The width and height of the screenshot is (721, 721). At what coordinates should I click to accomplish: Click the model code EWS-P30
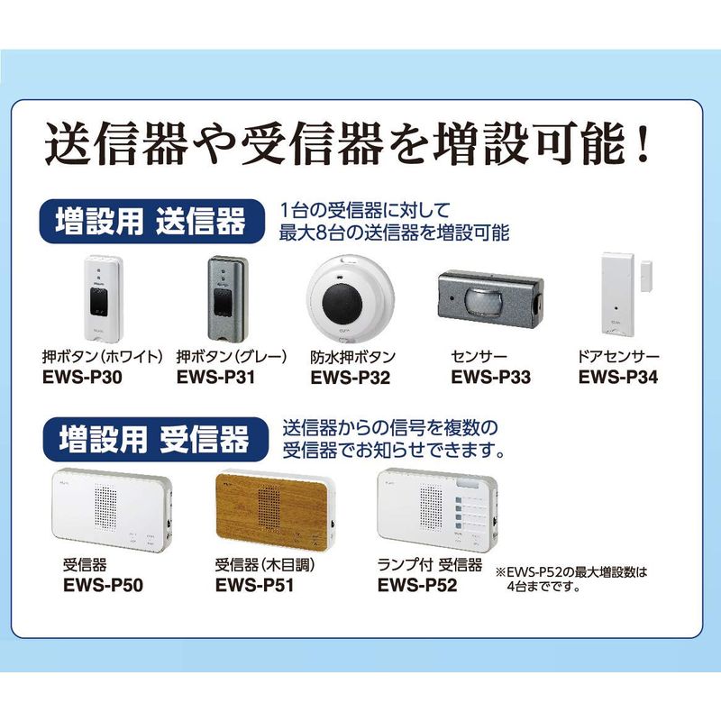(x=82, y=377)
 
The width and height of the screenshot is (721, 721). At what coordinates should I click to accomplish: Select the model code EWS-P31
(x=215, y=377)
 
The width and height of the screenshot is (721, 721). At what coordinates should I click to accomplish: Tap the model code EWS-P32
(x=351, y=378)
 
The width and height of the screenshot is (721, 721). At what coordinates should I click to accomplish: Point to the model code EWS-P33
(x=490, y=377)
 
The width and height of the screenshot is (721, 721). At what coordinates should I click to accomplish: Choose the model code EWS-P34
(x=618, y=377)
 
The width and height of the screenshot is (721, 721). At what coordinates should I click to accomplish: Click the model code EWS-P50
(x=103, y=585)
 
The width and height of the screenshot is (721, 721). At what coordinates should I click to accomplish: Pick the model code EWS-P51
(x=254, y=585)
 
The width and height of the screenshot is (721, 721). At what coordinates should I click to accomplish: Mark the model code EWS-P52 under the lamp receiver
(x=417, y=585)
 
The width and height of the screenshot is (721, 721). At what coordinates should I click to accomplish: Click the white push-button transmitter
(x=103, y=299)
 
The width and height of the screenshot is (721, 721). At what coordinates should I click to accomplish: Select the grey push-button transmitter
(x=228, y=299)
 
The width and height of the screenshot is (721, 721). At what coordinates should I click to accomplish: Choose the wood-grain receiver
(x=276, y=513)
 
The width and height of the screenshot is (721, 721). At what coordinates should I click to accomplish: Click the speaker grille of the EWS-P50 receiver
(x=105, y=507)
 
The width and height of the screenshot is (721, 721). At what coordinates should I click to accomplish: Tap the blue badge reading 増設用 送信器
(x=151, y=222)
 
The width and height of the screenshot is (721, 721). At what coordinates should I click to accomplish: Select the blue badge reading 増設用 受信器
(x=155, y=440)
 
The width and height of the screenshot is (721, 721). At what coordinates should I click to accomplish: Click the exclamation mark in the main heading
(x=643, y=142)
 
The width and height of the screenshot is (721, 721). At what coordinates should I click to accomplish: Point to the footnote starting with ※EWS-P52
(x=571, y=579)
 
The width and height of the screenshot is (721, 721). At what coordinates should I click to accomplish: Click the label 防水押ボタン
(x=353, y=357)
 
